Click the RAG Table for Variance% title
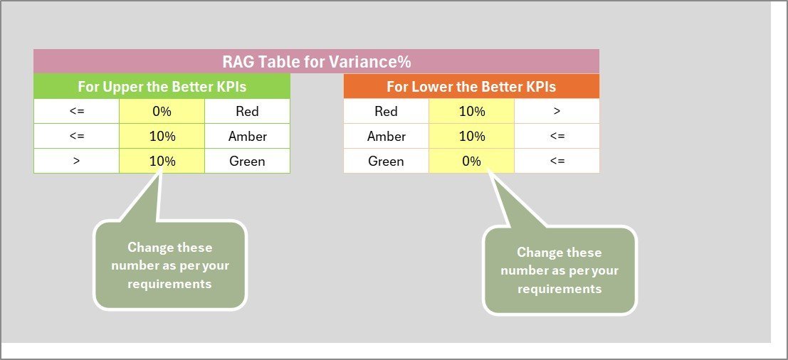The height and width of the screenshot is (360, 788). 317,62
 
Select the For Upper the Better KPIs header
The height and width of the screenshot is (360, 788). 162,86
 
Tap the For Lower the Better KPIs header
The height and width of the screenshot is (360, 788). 471,86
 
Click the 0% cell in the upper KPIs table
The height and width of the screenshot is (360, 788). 162,111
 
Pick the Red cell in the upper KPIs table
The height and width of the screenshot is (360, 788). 247,111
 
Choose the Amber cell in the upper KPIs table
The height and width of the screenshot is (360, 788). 247,136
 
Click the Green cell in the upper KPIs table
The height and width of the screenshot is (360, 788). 247,162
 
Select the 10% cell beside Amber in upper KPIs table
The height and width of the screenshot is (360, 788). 162,136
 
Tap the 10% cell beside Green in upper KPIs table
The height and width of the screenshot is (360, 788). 162,162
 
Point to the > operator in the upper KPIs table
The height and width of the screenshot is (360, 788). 76,162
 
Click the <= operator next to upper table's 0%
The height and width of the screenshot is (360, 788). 76,111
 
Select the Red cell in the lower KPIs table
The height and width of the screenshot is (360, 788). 386,111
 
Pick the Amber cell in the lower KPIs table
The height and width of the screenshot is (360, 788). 386,136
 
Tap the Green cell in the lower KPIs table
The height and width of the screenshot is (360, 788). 386,162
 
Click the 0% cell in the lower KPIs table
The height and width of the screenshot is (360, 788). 471,162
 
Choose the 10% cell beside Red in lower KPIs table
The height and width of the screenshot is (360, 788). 471,111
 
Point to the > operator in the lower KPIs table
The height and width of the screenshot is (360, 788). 557,111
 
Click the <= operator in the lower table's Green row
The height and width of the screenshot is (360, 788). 557,162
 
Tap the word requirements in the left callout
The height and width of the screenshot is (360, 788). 169,284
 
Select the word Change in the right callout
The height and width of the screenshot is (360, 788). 536,252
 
